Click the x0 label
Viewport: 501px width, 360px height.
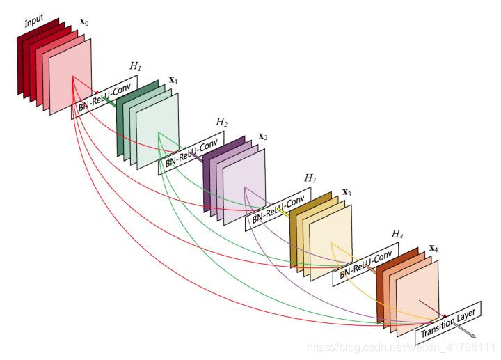pos(84,22)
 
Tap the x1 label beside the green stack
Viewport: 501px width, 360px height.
pos(174,81)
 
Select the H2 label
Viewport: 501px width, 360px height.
pos(221,122)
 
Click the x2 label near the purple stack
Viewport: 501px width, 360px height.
pos(263,136)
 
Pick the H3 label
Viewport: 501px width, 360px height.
pos(310,178)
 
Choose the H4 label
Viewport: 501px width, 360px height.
pos(397,234)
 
